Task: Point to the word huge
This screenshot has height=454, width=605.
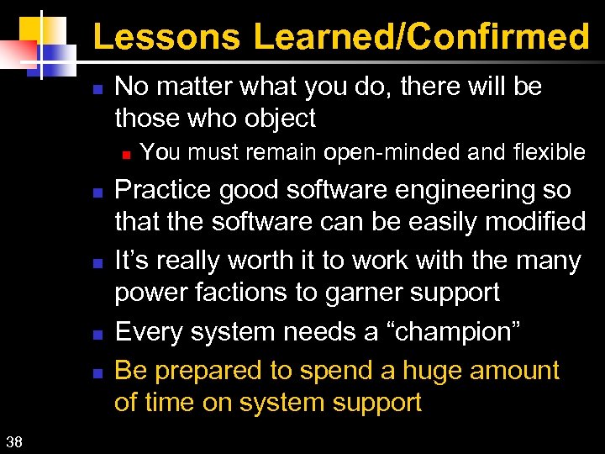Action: click(x=436, y=370)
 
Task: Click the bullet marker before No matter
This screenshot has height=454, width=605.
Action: click(x=97, y=87)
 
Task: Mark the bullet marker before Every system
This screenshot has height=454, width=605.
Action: click(x=97, y=334)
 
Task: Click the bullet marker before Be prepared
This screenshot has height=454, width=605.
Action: click(x=97, y=372)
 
